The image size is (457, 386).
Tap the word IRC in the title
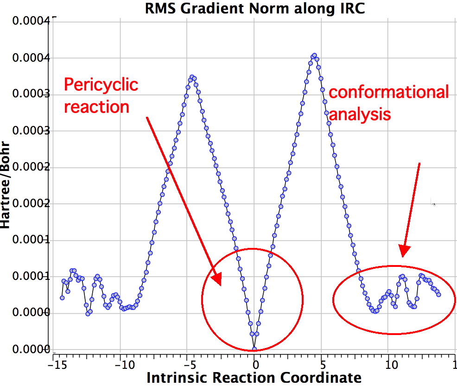352,8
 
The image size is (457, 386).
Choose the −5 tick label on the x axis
186,364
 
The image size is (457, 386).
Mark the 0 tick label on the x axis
254,364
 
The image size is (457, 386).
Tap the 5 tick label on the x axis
322,364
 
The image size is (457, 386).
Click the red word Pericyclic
101,85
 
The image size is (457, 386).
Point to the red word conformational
388,92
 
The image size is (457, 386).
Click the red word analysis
360,114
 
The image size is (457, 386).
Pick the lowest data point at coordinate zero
254,349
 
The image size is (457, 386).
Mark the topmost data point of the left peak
192,76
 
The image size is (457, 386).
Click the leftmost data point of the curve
62,297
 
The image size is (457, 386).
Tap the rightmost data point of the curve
438,294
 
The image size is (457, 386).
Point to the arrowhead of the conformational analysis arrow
404,252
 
